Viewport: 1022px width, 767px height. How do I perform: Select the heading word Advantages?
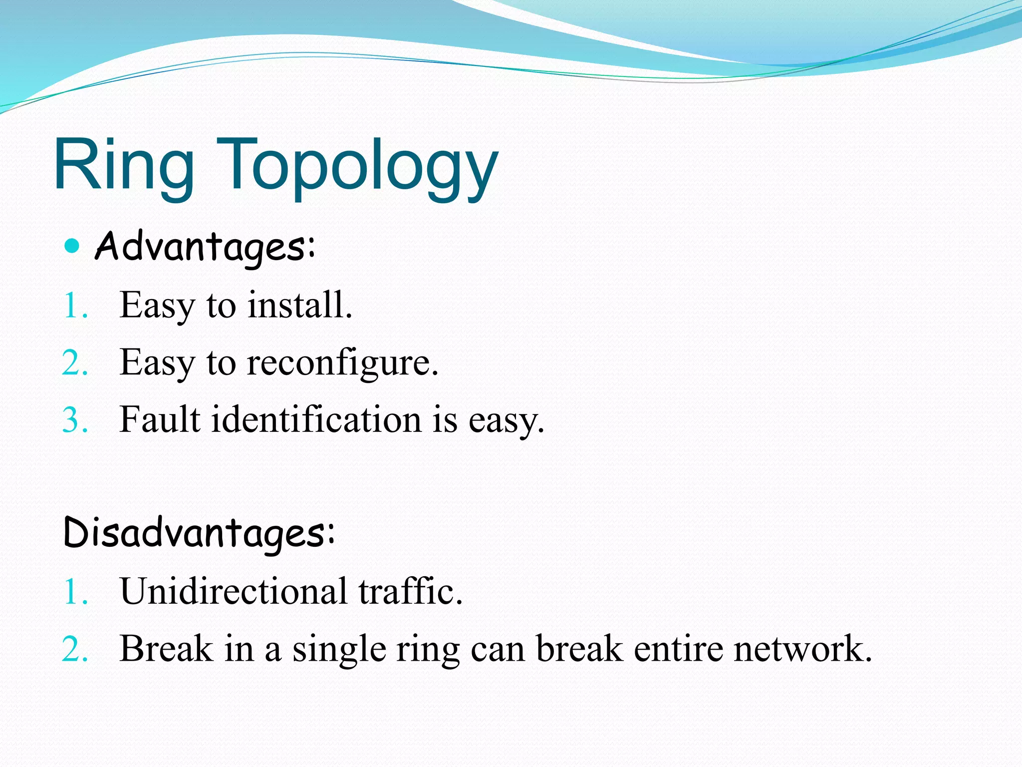coord(205,247)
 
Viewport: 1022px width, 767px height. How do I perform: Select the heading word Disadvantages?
coord(199,533)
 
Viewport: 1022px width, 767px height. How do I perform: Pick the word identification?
coord(316,419)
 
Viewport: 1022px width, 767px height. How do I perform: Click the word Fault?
coord(160,419)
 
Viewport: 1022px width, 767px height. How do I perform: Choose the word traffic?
coord(410,591)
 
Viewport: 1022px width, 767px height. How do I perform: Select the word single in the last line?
coord(339,649)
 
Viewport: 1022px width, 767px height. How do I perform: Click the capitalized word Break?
coord(166,648)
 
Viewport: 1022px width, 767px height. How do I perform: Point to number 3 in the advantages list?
coord(74,420)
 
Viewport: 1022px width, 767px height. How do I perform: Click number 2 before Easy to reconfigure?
coord(74,363)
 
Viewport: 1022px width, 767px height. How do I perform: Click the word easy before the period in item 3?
coord(504,420)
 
